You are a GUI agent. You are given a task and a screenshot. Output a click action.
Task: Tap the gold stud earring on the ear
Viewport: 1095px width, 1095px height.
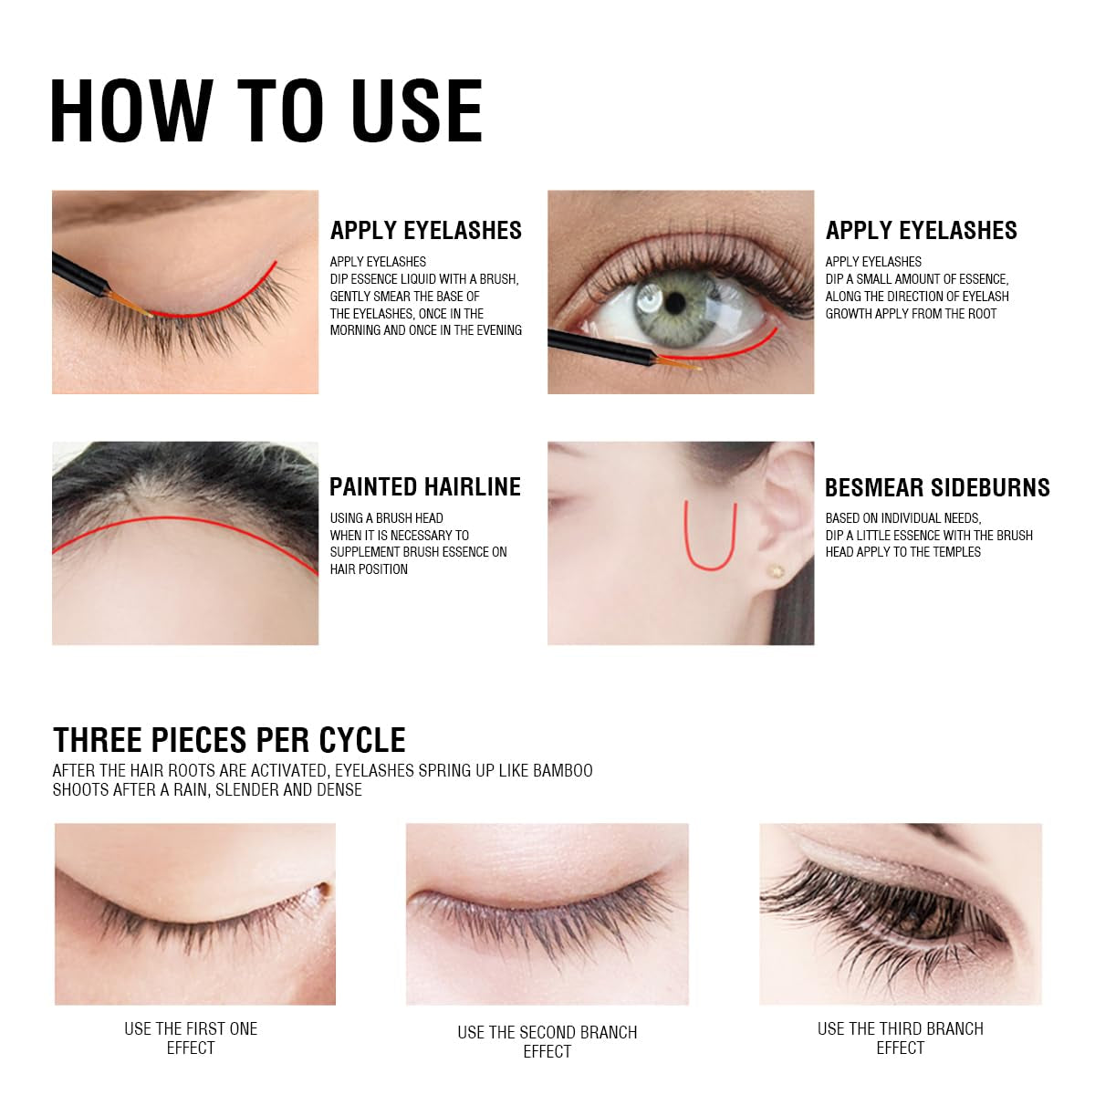click(x=776, y=571)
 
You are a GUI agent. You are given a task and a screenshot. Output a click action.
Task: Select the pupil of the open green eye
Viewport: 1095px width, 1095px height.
click(x=676, y=302)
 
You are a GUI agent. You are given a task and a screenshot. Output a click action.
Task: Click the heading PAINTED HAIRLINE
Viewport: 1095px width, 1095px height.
click(x=424, y=487)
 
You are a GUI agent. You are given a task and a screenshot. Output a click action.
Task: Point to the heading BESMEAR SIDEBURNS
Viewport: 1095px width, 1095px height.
click(x=937, y=488)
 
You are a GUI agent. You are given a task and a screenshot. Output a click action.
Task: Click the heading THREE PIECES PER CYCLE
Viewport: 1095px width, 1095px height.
click(x=229, y=739)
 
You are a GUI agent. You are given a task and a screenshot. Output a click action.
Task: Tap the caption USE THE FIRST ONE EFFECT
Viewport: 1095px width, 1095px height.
click(x=191, y=1038)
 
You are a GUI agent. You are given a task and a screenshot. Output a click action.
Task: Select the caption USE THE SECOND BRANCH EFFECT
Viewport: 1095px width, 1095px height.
click(x=547, y=1042)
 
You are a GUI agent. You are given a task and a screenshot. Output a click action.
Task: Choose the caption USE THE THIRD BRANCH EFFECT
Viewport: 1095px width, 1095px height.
click(x=900, y=1038)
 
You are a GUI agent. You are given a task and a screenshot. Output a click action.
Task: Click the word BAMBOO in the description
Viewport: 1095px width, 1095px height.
click(x=562, y=771)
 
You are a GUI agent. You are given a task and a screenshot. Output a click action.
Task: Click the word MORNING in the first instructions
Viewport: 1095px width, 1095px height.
click(x=355, y=330)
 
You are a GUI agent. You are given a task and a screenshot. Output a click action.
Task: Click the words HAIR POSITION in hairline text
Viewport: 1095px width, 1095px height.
click(x=369, y=569)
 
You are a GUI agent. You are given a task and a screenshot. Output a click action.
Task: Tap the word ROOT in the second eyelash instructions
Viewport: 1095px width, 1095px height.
click(x=980, y=314)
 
